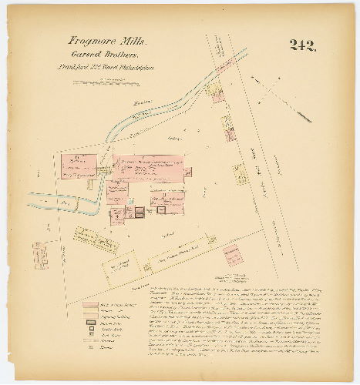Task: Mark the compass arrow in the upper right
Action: tap(272, 92)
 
